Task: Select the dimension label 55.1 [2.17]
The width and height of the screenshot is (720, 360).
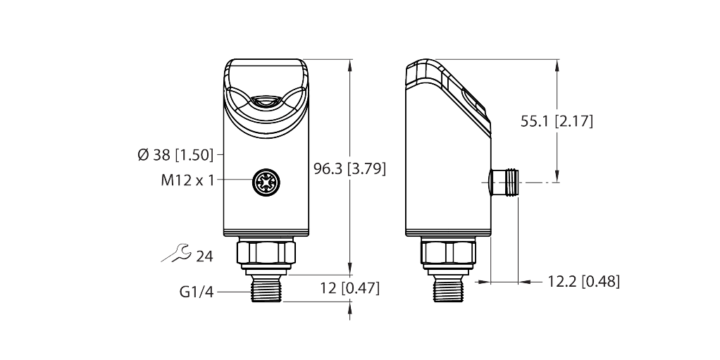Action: click(557, 121)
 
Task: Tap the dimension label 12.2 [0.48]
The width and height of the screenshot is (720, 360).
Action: click(583, 282)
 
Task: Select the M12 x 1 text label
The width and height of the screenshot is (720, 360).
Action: click(187, 180)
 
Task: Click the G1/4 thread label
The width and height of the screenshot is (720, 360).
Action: click(197, 291)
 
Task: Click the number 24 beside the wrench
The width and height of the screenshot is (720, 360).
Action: click(204, 256)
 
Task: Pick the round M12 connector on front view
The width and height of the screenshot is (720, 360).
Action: click(266, 183)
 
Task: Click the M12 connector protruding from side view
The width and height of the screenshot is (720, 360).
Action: click(504, 183)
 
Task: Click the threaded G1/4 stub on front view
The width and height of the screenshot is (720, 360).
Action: click(266, 289)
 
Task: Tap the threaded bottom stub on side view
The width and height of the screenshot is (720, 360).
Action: click(448, 289)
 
